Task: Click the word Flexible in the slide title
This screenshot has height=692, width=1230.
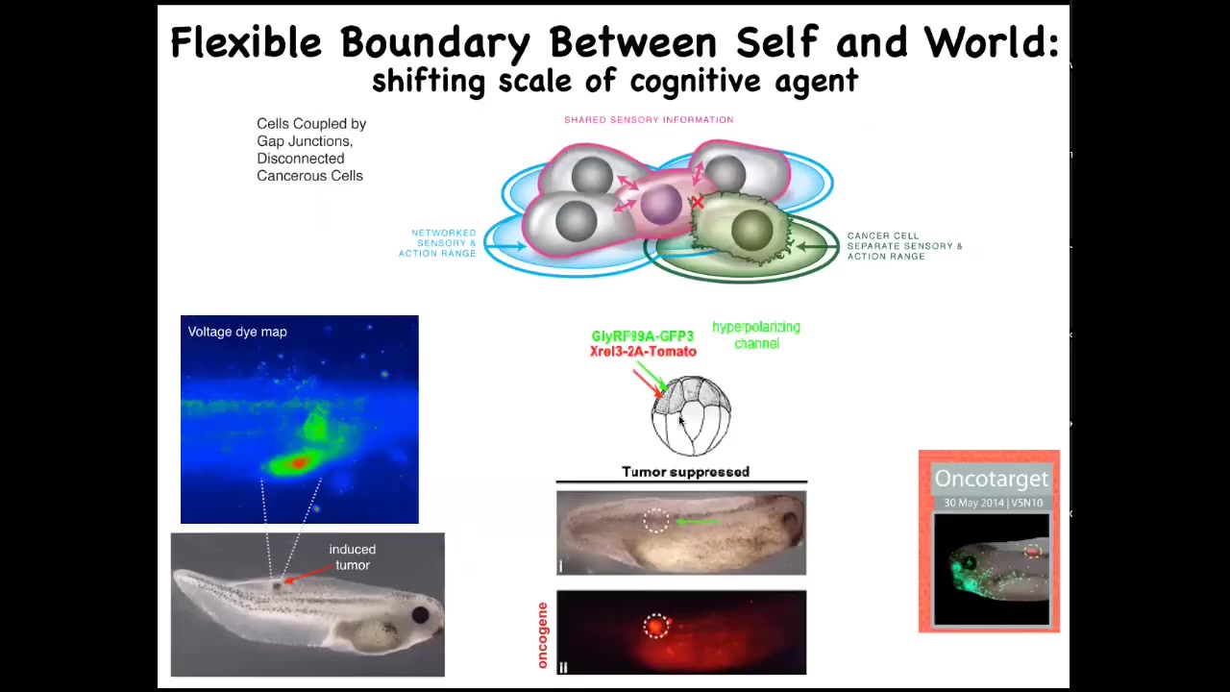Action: tap(246, 42)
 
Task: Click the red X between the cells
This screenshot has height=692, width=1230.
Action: tap(698, 203)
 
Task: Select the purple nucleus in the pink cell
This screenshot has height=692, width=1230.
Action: tap(661, 205)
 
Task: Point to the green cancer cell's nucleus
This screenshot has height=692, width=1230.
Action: tap(751, 230)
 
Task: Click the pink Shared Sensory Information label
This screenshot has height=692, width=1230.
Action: tap(649, 120)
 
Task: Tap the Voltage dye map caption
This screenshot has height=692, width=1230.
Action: tap(237, 333)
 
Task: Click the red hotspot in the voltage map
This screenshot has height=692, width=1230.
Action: tap(298, 463)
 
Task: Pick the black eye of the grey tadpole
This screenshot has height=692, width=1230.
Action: tap(421, 614)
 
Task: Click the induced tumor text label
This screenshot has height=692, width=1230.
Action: tap(353, 556)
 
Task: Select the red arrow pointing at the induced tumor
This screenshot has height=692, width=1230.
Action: tap(308, 574)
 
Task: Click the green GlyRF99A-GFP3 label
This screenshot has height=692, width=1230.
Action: tap(642, 336)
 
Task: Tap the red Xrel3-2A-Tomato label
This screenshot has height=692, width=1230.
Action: tap(643, 352)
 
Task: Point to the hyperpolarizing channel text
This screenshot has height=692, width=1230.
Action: tap(756, 335)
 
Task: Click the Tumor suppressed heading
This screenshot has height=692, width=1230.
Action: tap(685, 472)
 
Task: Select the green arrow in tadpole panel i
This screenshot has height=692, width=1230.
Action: tap(697, 522)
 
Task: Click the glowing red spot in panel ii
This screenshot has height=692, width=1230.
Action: tap(655, 626)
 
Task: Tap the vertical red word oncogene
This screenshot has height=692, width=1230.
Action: tap(543, 635)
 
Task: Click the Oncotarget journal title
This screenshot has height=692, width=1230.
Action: tap(992, 479)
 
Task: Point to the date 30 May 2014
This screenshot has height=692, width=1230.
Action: tap(973, 503)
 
